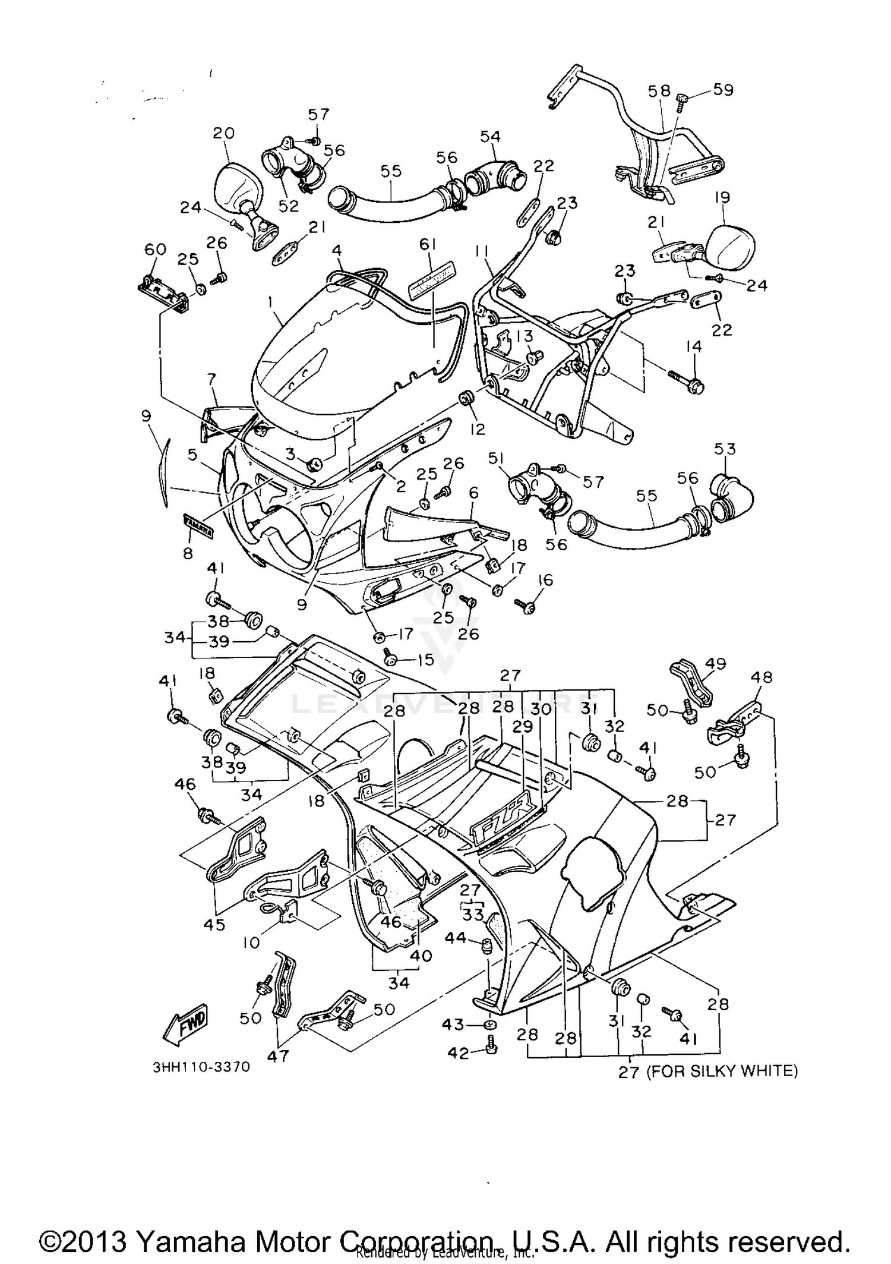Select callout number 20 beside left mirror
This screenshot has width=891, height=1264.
[224, 133]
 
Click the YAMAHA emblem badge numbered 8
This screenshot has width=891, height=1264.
[198, 527]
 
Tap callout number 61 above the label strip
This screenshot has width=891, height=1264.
[428, 244]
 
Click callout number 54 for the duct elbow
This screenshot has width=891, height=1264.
[490, 137]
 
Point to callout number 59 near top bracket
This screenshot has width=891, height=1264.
[723, 90]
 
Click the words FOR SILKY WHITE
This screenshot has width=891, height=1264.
[721, 1071]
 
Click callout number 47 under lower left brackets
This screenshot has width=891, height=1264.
[278, 1056]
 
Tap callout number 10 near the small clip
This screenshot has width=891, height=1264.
[252, 943]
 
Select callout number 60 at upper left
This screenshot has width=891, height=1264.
[156, 250]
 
